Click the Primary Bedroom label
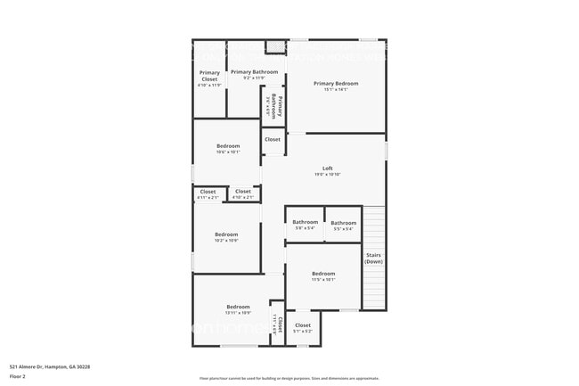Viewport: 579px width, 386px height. coord(336,83)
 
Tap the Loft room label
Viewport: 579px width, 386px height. coord(328,168)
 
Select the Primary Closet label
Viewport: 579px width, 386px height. coord(209,76)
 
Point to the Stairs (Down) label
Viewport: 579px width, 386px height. coord(373,258)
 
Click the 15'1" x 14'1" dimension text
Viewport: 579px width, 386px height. coord(336,89)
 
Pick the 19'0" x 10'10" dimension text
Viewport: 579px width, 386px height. coord(328,174)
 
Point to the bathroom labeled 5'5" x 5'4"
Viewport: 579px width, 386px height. coord(344,223)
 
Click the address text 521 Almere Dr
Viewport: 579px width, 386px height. coord(50,366)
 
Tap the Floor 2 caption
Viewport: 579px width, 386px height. coord(19,377)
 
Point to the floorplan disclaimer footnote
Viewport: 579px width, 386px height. coord(289,378)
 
